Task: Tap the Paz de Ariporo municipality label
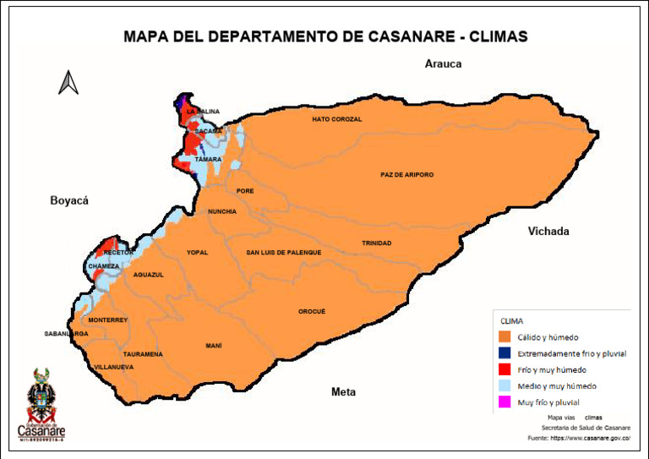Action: coord(406,175)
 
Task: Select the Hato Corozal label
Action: coord(336,119)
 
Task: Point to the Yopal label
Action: coord(197,253)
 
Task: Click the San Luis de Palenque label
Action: coord(284,253)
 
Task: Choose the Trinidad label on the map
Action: coord(376,243)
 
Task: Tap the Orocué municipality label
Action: coord(312,312)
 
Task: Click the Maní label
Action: coord(214,346)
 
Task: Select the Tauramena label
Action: coord(143,354)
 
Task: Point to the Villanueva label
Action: coord(113,368)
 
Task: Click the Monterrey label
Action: coord(107,320)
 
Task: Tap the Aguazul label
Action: coord(148,275)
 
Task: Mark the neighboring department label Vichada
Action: coord(548,232)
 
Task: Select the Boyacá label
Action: coord(69,200)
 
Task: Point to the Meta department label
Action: coord(343,392)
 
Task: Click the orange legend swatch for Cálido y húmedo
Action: coord(506,337)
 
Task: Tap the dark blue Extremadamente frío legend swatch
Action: coord(506,353)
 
